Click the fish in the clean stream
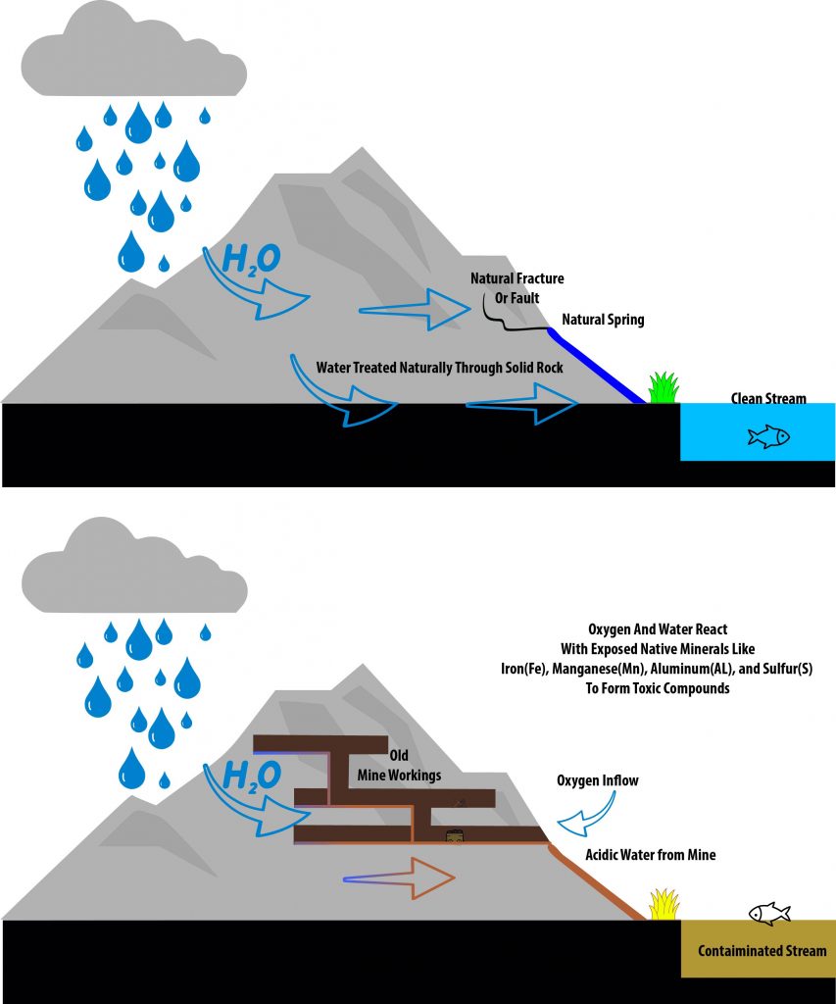tap(768, 436)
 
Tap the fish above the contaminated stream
tap(769, 914)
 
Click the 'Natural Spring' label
tap(603, 320)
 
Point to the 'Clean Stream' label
tap(768, 399)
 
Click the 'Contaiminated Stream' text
tap(762, 951)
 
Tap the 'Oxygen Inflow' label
tap(598, 780)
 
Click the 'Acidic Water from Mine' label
tap(650, 855)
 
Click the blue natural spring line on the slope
tap(595, 367)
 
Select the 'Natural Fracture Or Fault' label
tap(516, 288)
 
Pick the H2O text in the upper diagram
tap(252, 260)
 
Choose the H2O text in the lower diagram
tap(252, 778)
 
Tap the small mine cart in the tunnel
tap(455, 836)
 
